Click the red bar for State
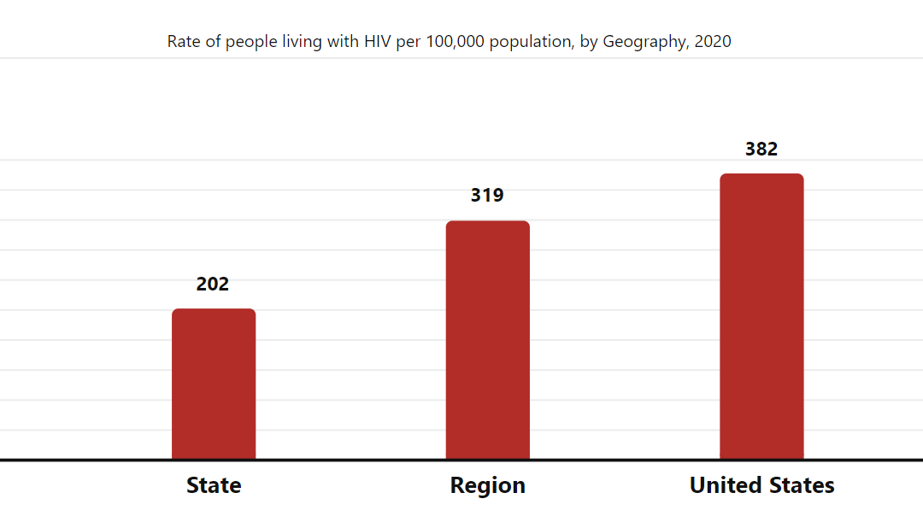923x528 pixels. tap(214, 384)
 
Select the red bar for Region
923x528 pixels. tap(487, 340)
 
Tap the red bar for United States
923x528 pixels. tap(761, 316)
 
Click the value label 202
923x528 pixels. tap(213, 284)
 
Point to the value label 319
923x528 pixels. tap(487, 195)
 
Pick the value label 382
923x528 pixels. tap(761, 149)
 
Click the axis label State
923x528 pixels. tap(214, 485)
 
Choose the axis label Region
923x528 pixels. tap(487, 485)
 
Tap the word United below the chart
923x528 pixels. tap(726, 485)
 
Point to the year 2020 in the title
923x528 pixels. tap(713, 41)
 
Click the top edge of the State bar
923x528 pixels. tap(214, 309)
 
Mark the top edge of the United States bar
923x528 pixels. tap(761, 174)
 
